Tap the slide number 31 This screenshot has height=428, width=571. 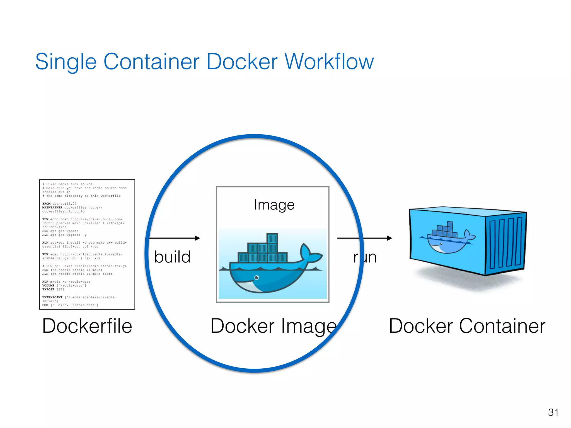[x=553, y=412]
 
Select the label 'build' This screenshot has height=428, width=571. [x=172, y=257]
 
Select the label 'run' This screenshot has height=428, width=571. [x=365, y=257]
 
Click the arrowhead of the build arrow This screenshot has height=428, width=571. [x=198, y=238]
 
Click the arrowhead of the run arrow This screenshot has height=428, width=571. [x=390, y=238]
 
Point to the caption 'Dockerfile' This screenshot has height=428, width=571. [x=87, y=326]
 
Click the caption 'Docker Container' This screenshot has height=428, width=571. [x=467, y=326]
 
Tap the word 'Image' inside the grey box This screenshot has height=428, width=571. [x=274, y=205]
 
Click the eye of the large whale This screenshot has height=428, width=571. [x=257, y=278]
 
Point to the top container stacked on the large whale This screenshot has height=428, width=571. [x=272, y=238]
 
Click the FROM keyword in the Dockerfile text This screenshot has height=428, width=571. [x=46, y=204]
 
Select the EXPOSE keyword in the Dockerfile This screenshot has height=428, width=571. [x=48, y=290]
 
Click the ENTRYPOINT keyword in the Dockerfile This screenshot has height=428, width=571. [x=52, y=297]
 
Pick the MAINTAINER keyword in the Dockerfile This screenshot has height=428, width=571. [x=52, y=208]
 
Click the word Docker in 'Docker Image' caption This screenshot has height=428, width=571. [x=243, y=326]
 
